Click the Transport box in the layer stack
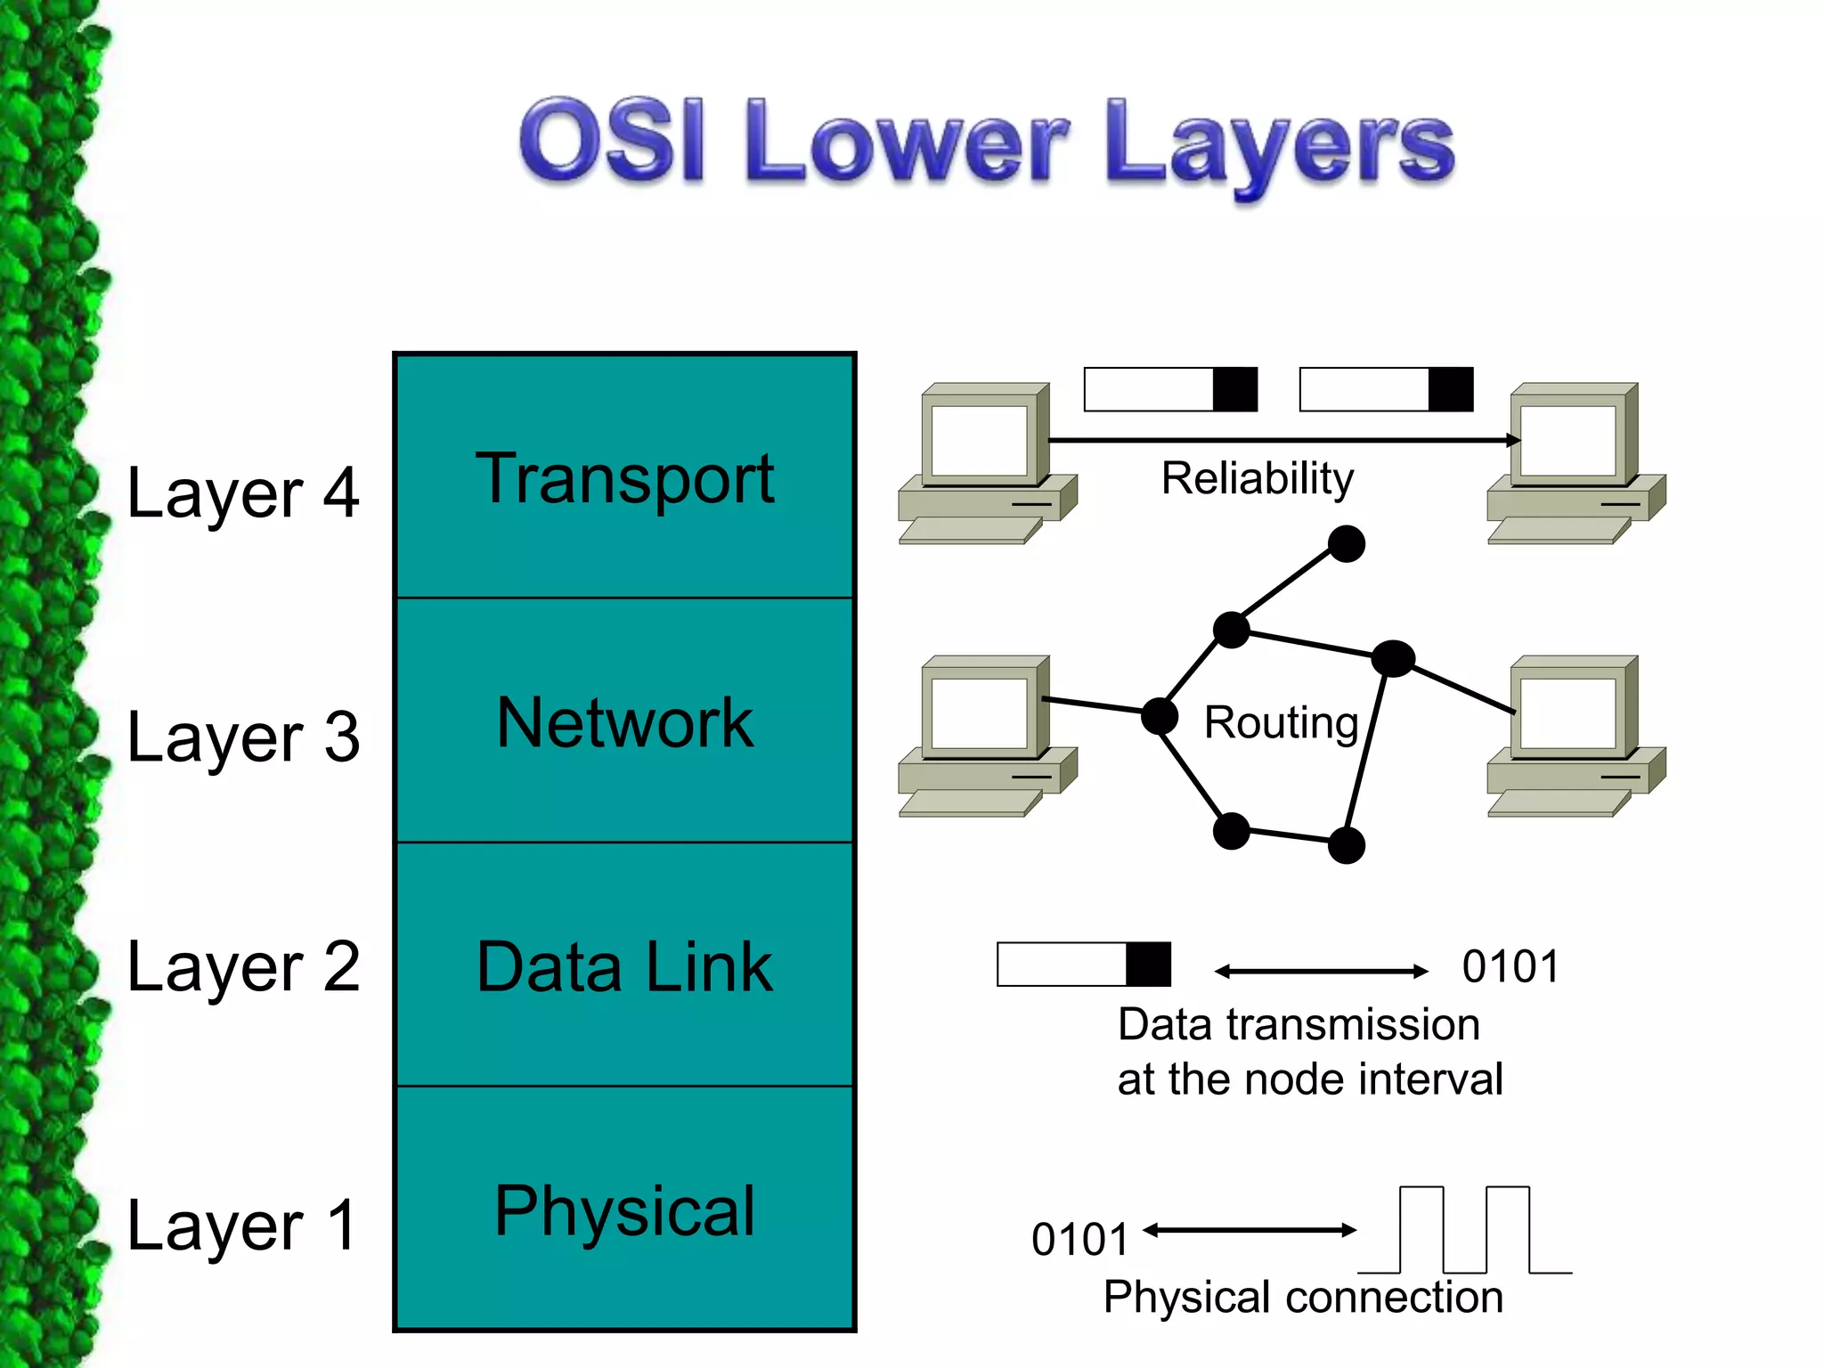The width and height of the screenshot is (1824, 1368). (624, 477)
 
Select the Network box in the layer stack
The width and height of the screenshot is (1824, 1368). (624, 721)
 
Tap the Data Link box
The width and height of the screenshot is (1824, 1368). (624, 965)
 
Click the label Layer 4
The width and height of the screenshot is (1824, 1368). (242, 493)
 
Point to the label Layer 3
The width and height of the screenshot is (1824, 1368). (242, 737)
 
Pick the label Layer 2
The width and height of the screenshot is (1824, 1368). (242, 966)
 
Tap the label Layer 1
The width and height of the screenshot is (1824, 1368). (242, 1225)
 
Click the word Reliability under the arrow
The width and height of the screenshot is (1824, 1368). (1257, 478)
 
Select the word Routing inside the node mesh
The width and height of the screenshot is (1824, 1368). (1280, 721)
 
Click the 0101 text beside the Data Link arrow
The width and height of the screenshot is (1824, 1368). (1510, 966)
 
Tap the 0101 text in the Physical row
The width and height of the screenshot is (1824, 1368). (1079, 1239)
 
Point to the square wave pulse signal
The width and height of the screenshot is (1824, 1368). (1465, 1230)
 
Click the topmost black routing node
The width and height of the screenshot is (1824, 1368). (1346, 543)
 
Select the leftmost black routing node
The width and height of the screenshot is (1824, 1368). (1160, 715)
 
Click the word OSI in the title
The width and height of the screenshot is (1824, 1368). (613, 141)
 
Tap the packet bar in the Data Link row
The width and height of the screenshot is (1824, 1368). (1083, 964)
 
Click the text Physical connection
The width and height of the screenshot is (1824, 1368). (1302, 1297)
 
